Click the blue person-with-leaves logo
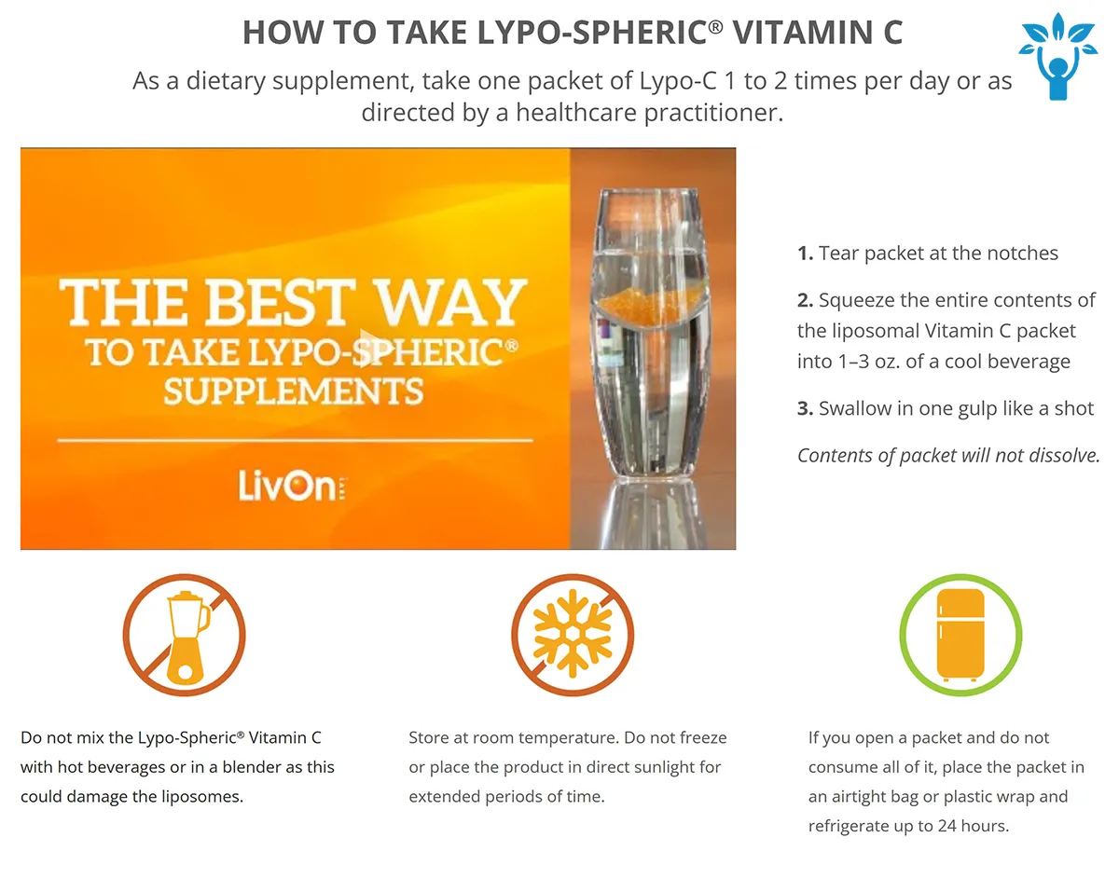tap(1057, 56)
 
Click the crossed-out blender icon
tap(184, 635)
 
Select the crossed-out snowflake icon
tap(572, 635)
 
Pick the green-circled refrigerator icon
tap(960, 635)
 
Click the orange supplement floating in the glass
tap(649, 303)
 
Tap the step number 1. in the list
tap(805, 254)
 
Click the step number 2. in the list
tap(805, 300)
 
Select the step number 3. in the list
tap(805, 408)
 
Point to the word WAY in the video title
tap(452, 303)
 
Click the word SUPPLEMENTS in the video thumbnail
tap(294, 391)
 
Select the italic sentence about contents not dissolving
tap(948, 456)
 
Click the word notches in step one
tap(1022, 254)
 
